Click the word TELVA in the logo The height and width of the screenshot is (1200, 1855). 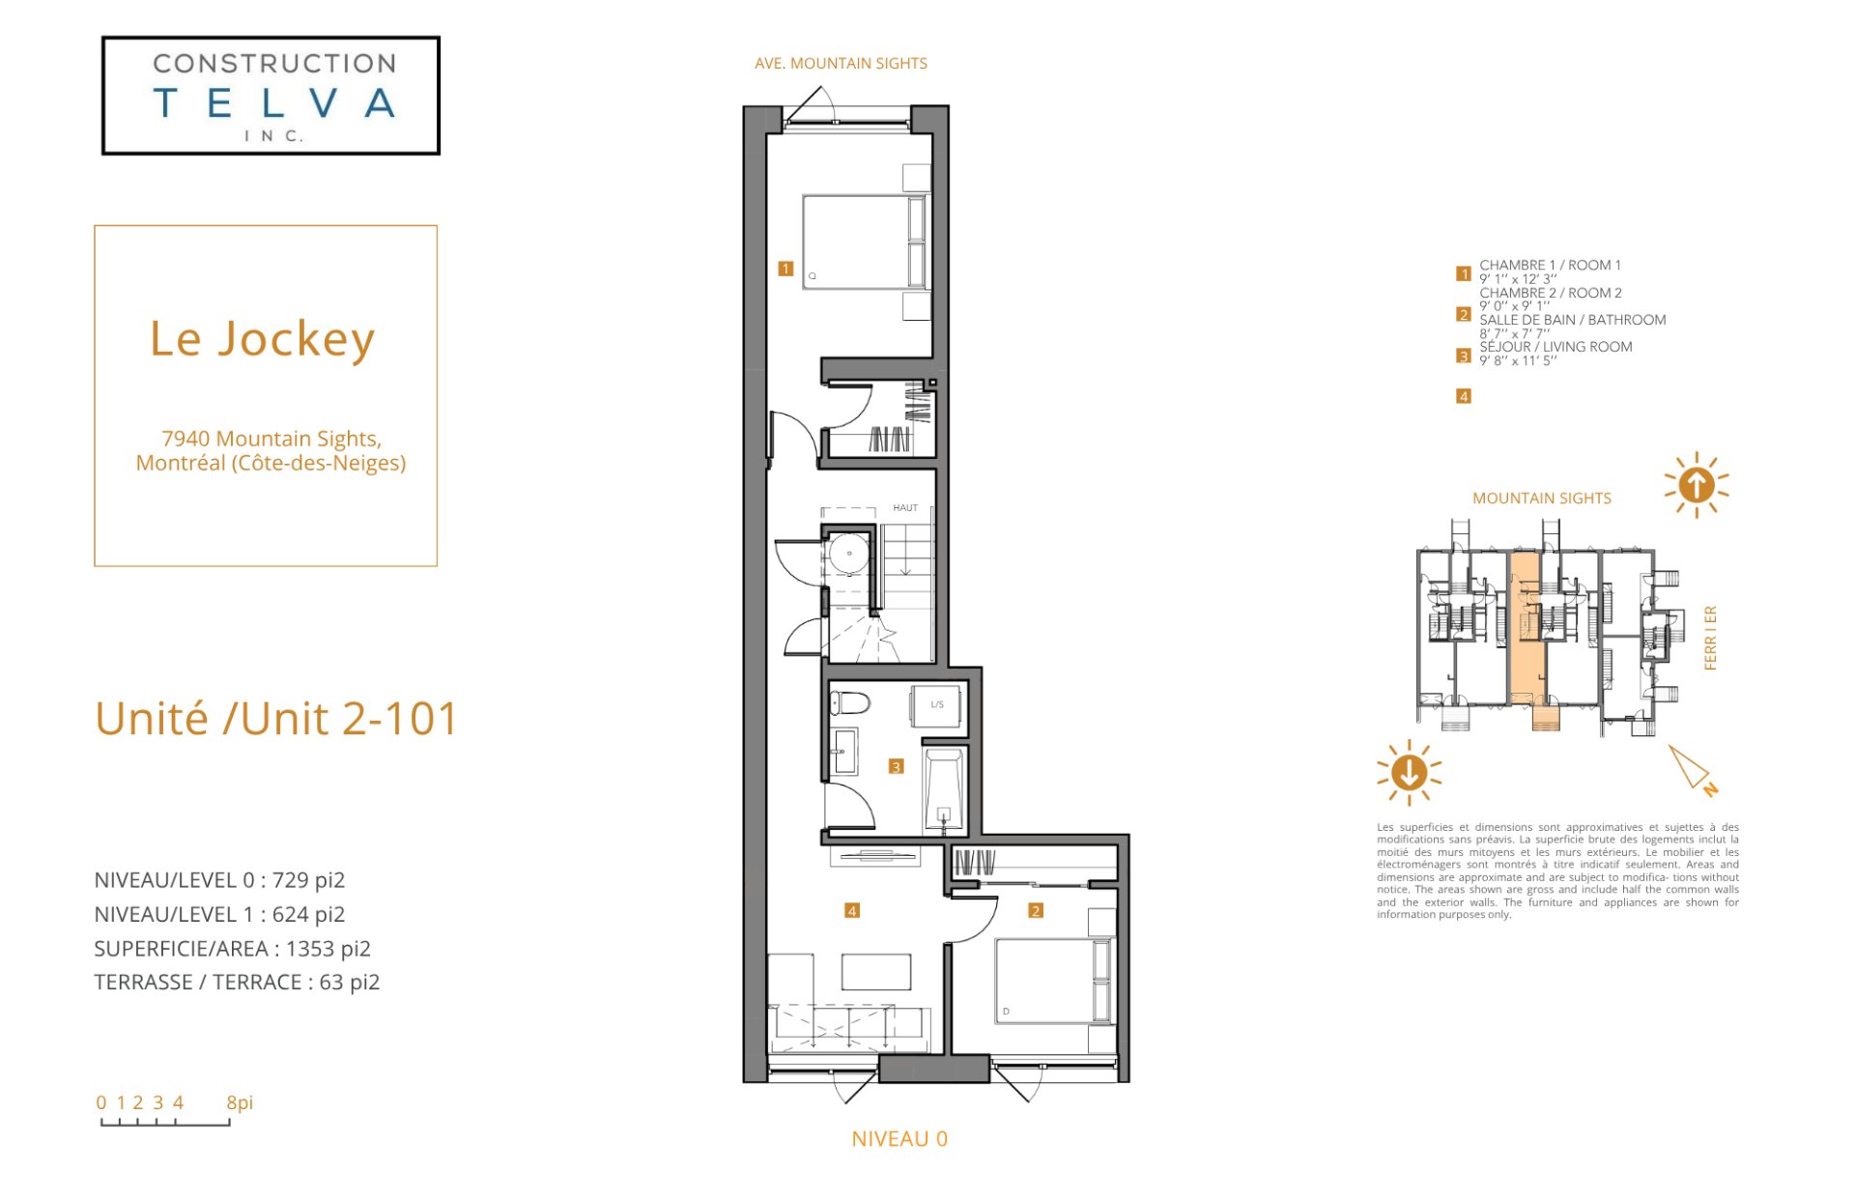tap(274, 102)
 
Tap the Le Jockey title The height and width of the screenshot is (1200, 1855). tap(262, 339)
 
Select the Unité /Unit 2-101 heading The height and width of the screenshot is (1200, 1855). tap(276, 718)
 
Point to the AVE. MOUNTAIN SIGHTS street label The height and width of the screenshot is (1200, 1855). tap(841, 63)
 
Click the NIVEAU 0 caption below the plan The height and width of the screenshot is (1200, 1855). tap(899, 1139)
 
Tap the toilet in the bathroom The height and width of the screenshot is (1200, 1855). tap(850, 702)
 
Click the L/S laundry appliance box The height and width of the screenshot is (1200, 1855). tap(936, 705)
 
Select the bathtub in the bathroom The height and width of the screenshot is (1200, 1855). tap(944, 788)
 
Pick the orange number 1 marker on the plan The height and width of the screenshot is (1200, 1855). tap(785, 269)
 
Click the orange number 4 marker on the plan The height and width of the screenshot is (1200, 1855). tap(851, 910)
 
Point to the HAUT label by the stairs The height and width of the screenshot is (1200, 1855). tap(905, 507)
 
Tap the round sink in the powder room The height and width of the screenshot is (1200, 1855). tap(848, 554)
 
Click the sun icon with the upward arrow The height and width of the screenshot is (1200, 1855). tap(1696, 485)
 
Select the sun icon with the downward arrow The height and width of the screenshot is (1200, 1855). tap(1409, 772)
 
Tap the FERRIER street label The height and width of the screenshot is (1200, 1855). tap(1710, 638)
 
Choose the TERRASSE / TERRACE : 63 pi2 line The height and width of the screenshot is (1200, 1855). tap(237, 983)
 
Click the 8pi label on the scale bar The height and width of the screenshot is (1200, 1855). tap(240, 1102)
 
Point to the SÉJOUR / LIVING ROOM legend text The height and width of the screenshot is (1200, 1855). tap(1555, 347)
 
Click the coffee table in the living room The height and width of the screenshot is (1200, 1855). tap(876, 972)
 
